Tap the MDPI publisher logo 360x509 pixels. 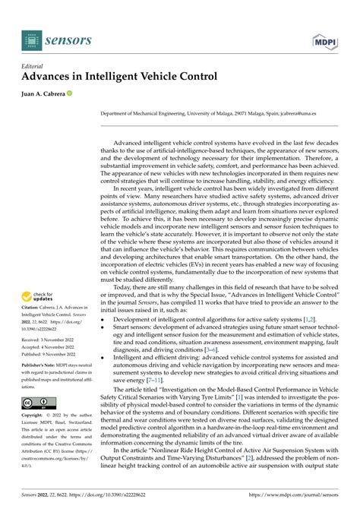click(x=324, y=40)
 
